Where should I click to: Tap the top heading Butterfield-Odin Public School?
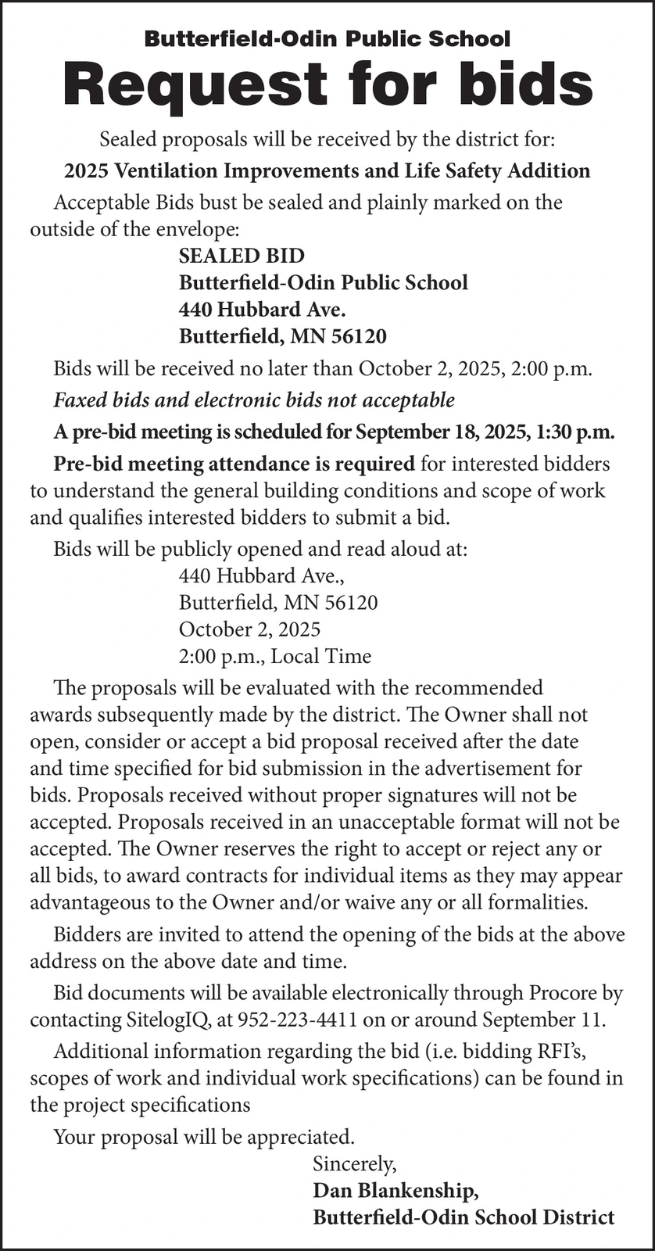pyautogui.click(x=327, y=38)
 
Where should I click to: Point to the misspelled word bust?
pyautogui.click(x=220, y=203)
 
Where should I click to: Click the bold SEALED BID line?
pyautogui.click(x=242, y=256)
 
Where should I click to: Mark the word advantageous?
pyautogui.click(x=91, y=902)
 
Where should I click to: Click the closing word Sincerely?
pyautogui.click(x=354, y=1163)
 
